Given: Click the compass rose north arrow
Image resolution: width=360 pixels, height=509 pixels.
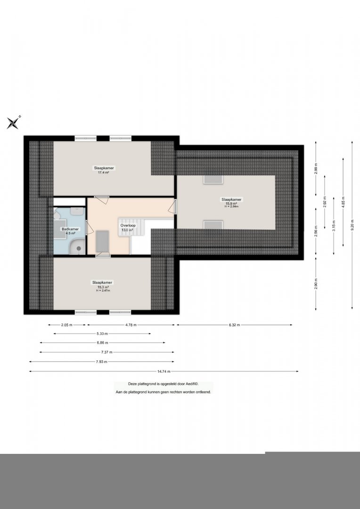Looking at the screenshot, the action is pyautogui.click(x=13, y=123).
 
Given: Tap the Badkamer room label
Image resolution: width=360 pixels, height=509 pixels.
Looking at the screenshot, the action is pyautogui.click(x=70, y=229).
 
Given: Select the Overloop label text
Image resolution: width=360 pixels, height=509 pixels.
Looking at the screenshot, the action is pyautogui.click(x=128, y=225).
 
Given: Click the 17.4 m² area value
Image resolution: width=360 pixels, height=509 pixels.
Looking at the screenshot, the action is pyautogui.click(x=104, y=172).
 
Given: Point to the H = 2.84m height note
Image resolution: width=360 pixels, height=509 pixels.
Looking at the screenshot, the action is pyautogui.click(x=231, y=206).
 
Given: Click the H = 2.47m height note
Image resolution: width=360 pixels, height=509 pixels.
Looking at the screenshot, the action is pyautogui.click(x=103, y=290).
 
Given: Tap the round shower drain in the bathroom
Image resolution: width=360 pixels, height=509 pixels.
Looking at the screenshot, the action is pyautogui.click(x=79, y=248).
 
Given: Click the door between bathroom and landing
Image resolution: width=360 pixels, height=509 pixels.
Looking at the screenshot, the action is pyautogui.click(x=90, y=227).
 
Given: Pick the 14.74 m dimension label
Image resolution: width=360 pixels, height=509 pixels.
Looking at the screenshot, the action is pyautogui.click(x=164, y=371).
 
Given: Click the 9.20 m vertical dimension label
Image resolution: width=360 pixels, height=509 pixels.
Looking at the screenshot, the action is pyautogui.click(x=352, y=225).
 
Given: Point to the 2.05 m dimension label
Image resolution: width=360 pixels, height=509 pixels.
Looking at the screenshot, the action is pyautogui.click(x=67, y=325).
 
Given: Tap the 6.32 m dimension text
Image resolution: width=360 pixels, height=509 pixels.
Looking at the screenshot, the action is pyautogui.click(x=234, y=325).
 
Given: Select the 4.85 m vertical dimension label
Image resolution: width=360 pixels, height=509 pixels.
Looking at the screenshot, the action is pyautogui.click(x=343, y=202).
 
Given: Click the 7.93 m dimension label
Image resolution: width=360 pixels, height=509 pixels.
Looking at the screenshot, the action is pyautogui.click(x=102, y=361).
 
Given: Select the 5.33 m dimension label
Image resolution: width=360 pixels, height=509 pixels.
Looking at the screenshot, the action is pyautogui.click(x=102, y=333).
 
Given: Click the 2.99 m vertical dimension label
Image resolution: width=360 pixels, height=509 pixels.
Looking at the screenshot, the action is pyautogui.click(x=316, y=168).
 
